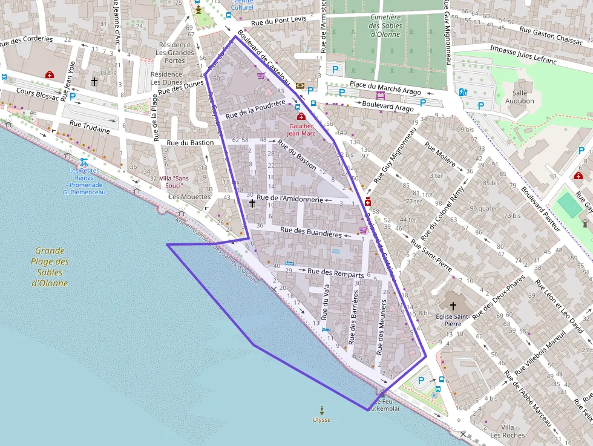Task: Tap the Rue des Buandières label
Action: point(311,232)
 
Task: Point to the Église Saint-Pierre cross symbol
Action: point(453,307)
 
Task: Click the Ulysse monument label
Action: point(322,419)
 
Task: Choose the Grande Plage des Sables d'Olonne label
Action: point(50,266)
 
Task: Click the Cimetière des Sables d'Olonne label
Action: point(385,25)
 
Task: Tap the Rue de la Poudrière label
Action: point(255,110)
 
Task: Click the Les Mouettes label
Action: point(189,197)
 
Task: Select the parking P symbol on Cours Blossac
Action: point(73,96)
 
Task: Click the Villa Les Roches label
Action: point(508,431)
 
